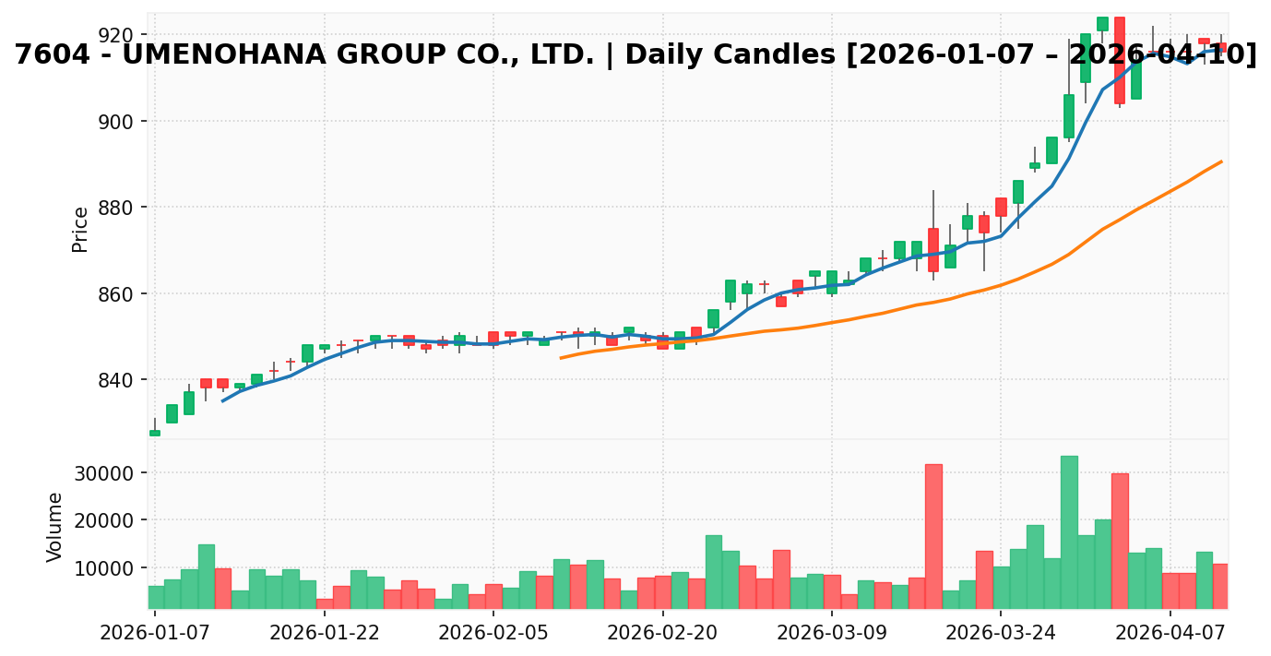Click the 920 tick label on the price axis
pos(115,36)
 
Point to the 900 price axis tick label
pos(115,122)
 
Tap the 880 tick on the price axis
pos(115,208)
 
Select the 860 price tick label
pos(115,294)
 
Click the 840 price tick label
pos(115,380)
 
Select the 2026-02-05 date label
pos(493,634)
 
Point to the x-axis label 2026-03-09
pos(832,634)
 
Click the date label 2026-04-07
pos(1170,634)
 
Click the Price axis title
pos(81,229)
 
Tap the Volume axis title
pos(56,527)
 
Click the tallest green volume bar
pos(1069,531)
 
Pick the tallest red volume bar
pos(933,535)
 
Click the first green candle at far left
pos(155,433)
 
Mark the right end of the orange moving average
pos(1221,161)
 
